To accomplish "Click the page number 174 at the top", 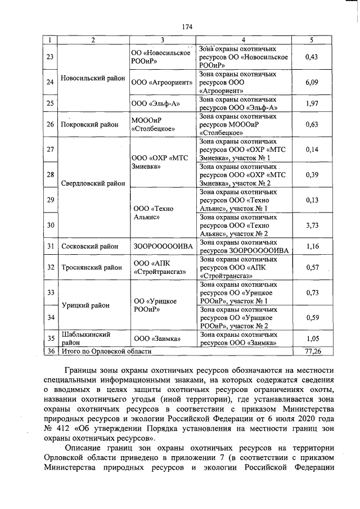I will [x=187, y=26].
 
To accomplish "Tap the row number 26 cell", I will [x=49, y=124].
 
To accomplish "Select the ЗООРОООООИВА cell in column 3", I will [x=163, y=246].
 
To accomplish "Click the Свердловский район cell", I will [x=93, y=183].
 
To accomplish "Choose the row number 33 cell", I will [x=49, y=292].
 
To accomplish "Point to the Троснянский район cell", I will [x=92, y=267].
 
